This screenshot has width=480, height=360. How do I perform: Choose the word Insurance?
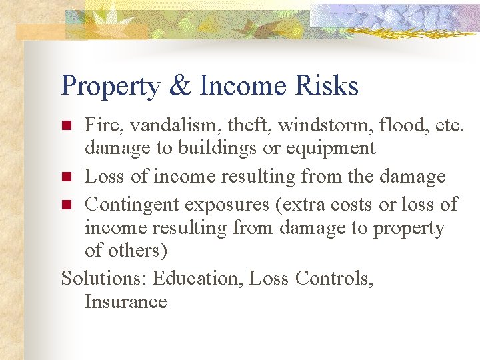(x=125, y=302)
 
